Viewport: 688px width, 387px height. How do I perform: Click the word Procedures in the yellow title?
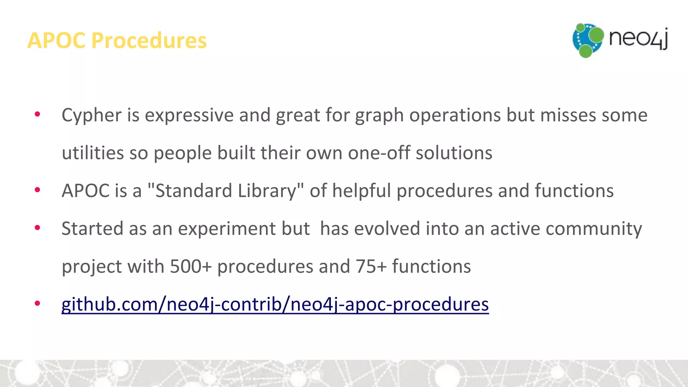[149, 41]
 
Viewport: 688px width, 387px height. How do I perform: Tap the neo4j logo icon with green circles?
[588, 40]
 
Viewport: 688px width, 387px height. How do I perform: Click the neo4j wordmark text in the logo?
[638, 38]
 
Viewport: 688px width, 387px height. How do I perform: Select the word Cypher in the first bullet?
[91, 116]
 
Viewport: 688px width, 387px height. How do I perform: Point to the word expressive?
[189, 116]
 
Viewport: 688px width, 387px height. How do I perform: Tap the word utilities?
[93, 153]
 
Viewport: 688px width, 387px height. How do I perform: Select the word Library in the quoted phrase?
[267, 191]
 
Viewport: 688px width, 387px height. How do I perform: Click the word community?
[594, 229]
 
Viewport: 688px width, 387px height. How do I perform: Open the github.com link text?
[275, 304]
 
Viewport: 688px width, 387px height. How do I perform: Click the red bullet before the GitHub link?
[37, 303]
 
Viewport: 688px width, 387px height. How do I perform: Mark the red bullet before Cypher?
[37, 114]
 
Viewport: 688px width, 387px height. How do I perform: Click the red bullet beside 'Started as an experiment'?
[37, 228]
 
